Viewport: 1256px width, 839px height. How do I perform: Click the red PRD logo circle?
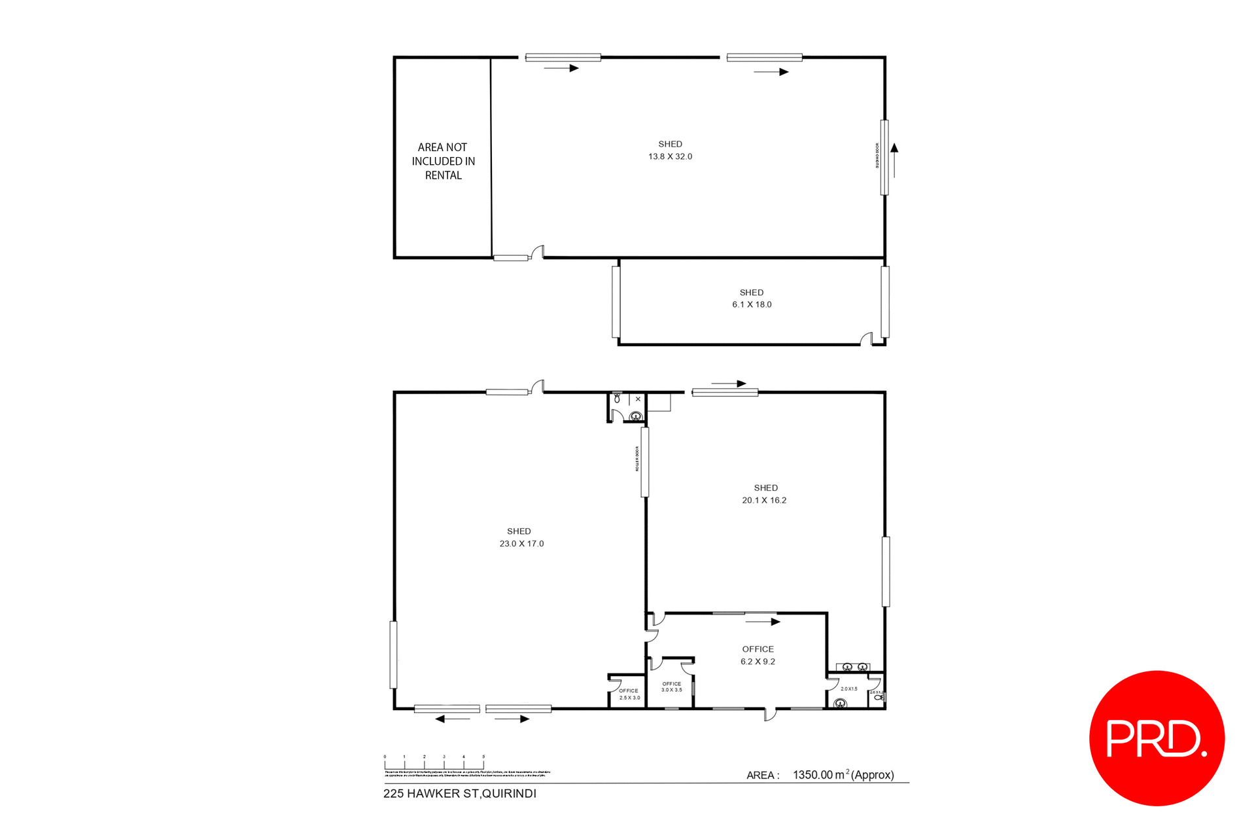coord(1157,738)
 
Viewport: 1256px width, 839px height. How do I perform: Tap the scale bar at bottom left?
coord(434,763)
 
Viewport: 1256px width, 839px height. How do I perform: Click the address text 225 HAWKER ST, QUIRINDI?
coord(459,794)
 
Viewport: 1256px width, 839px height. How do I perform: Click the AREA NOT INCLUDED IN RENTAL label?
coord(443,161)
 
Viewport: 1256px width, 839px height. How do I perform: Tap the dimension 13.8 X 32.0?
coord(670,156)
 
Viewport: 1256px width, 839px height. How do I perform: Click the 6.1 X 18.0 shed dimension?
coord(752,304)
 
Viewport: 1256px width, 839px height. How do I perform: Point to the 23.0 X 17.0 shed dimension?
coord(521,544)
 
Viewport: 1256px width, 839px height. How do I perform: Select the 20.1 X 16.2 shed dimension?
coord(764,500)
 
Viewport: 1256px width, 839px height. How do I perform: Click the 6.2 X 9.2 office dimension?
coord(758,662)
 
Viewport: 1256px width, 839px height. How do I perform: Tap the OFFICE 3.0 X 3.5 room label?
coord(671,687)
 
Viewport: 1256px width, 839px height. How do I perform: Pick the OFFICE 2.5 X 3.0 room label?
coord(629,694)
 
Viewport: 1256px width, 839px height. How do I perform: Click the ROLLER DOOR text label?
coord(637,459)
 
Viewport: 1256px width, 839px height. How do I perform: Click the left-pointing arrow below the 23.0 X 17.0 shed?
coord(452,719)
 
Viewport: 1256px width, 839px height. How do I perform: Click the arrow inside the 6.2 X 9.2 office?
coord(762,621)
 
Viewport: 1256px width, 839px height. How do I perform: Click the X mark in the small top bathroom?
coord(638,399)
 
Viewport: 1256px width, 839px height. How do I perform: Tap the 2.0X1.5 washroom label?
coord(848,688)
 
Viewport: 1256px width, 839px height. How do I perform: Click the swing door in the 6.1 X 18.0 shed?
coord(867,338)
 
